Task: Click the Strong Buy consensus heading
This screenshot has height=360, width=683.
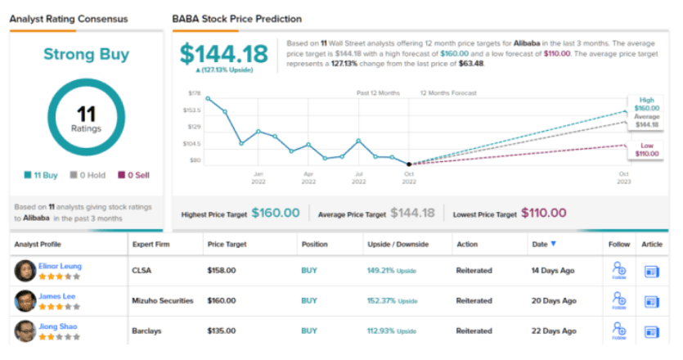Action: point(86,55)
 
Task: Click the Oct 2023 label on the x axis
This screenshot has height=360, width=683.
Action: point(624,178)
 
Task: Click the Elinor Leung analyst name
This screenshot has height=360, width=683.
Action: point(60,266)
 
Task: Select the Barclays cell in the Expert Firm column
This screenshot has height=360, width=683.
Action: point(146,331)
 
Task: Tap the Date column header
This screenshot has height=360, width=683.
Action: point(543,244)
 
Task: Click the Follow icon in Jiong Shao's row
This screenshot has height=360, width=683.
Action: point(618,331)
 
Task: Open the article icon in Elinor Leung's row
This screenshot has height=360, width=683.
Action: point(652,270)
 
